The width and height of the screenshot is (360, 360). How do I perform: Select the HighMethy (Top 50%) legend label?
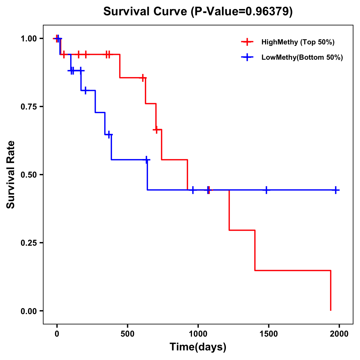(298, 42)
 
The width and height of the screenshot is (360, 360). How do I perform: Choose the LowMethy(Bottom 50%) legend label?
(302, 57)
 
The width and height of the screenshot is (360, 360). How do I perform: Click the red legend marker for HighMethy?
(247, 42)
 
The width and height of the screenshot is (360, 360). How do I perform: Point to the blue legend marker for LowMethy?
(247, 57)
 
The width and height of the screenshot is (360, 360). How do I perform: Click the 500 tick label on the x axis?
(127, 334)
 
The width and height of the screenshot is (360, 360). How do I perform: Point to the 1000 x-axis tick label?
(198, 334)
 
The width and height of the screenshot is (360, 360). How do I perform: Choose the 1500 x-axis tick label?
(268, 334)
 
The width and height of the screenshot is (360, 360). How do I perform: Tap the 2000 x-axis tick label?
(339, 334)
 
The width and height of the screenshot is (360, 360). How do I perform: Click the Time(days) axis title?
(198, 347)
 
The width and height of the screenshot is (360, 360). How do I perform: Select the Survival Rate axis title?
(11, 175)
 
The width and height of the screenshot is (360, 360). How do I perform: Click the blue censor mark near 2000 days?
(336, 190)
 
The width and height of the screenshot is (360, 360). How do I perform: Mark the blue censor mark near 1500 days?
(266, 190)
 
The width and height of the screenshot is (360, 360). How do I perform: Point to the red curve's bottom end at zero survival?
(331, 310)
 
